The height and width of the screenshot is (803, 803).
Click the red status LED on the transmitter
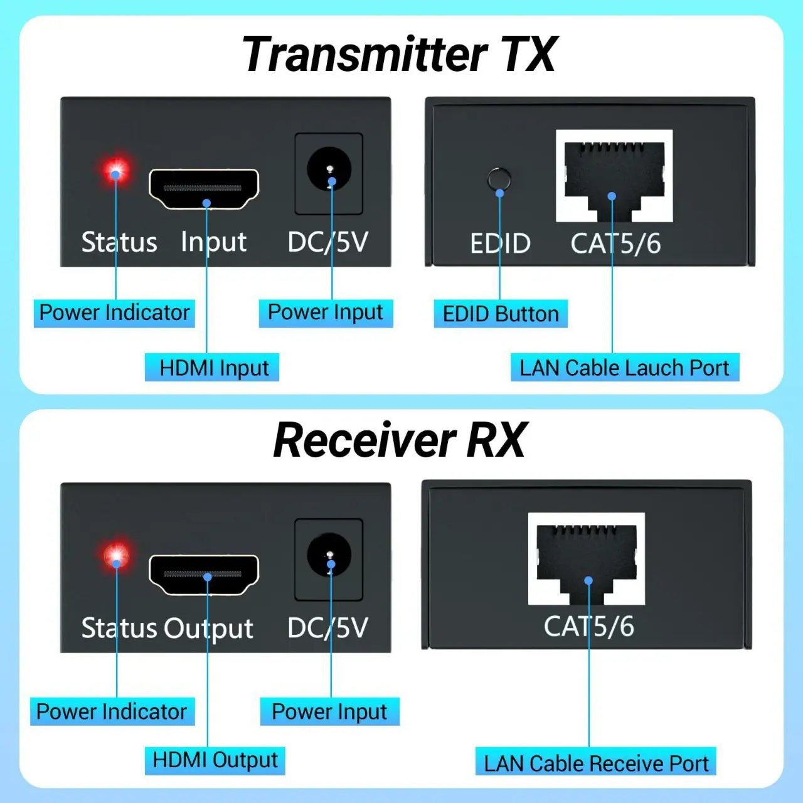point(116,170)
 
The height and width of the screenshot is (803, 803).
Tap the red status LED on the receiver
point(117,555)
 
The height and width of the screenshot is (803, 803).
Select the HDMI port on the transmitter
point(204,189)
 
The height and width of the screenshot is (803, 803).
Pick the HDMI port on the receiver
point(204,575)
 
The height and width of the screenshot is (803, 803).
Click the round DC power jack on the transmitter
point(329,169)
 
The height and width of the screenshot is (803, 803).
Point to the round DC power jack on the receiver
point(329,555)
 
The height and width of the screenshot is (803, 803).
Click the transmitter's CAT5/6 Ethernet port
point(614,176)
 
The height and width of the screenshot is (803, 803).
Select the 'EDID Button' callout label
point(501,314)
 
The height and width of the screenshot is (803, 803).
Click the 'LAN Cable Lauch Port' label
point(625,368)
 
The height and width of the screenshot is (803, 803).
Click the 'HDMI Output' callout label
point(215,760)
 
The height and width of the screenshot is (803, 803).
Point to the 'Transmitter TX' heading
point(399,54)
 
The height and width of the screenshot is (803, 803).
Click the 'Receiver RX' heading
point(400,440)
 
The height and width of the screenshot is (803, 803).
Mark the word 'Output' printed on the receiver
point(208,629)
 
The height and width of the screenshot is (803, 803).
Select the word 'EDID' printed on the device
point(500,243)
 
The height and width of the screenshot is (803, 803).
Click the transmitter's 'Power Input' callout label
point(326,313)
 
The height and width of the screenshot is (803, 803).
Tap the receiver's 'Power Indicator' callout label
point(112,711)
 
